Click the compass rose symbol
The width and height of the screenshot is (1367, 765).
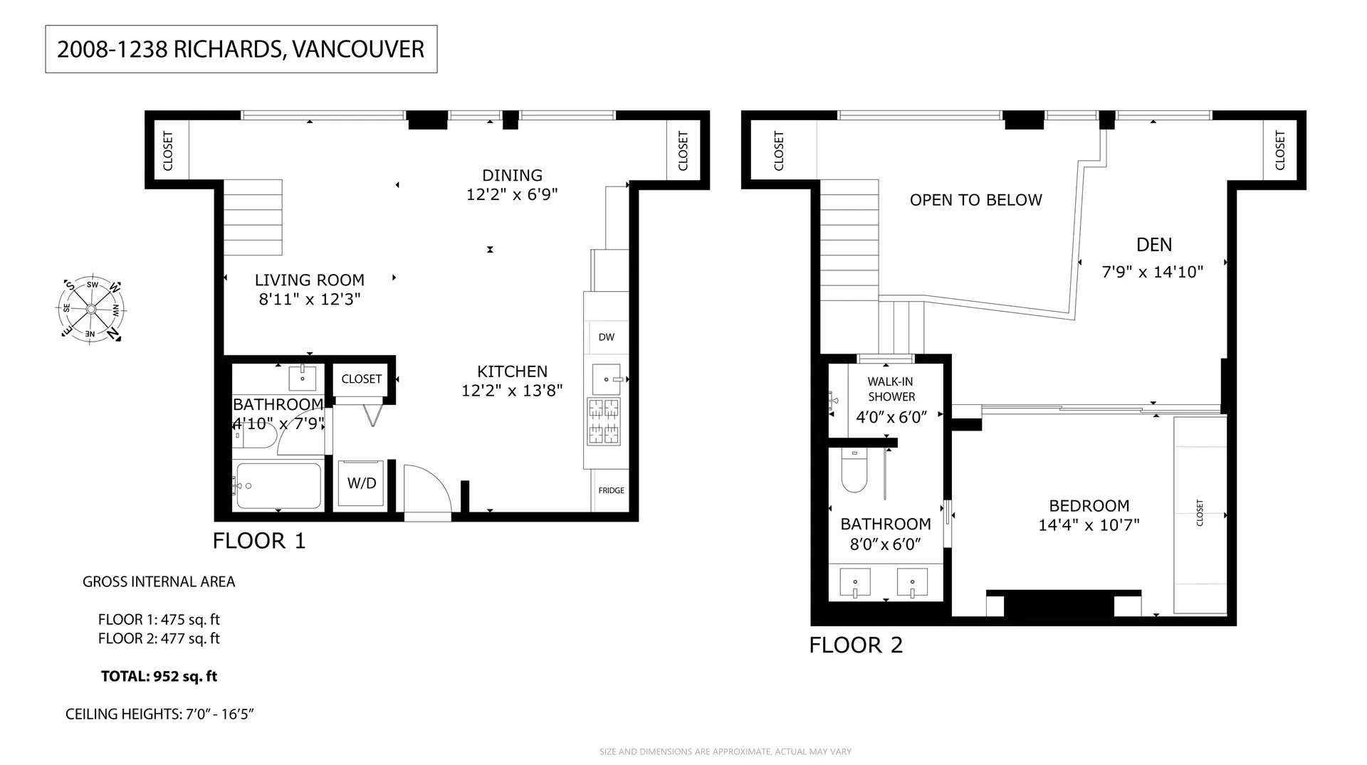point(91,309)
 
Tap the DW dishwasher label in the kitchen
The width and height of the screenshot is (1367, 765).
point(606,337)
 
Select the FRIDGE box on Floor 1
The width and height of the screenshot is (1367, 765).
point(611,490)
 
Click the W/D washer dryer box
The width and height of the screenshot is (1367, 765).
point(362,484)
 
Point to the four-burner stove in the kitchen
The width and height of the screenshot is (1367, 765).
point(603,421)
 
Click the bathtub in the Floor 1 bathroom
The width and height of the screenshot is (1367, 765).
point(278,486)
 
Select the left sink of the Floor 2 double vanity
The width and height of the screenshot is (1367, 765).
point(855,583)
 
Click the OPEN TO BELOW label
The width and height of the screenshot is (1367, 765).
point(975,201)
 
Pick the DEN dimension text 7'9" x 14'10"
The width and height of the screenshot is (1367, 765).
point(1152,272)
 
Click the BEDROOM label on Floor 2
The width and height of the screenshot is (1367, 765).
point(1089,506)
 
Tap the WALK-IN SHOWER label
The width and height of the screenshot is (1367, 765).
point(891,389)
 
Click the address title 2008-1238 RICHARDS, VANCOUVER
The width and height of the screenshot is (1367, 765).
point(241,49)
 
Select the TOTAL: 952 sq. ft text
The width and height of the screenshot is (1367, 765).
point(159,676)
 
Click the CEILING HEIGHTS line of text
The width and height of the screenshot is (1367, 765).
point(159,714)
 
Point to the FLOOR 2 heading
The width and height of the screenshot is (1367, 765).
point(856,645)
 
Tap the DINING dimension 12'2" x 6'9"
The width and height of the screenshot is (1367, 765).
point(512,194)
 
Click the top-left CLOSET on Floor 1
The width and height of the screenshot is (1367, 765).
point(169,150)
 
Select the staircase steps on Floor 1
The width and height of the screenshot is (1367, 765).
point(253,217)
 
